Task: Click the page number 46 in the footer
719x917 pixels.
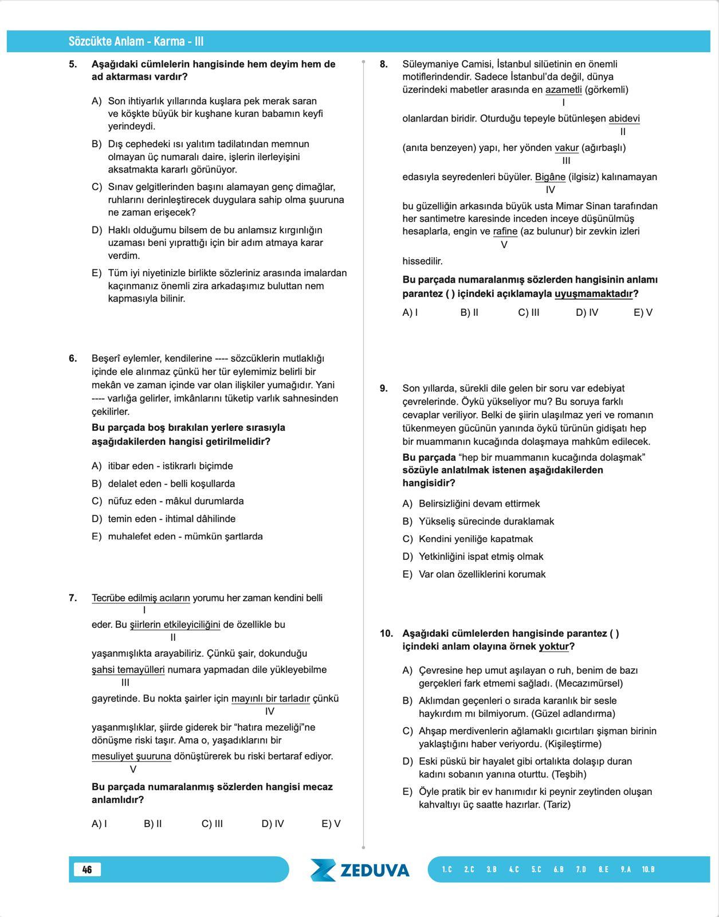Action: point(87,869)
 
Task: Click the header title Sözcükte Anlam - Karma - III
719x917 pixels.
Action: point(136,41)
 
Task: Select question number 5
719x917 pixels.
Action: point(73,64)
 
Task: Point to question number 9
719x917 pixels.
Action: point(384,389)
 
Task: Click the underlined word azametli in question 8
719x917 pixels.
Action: point(563,90)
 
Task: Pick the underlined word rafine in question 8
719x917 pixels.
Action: point(505,232)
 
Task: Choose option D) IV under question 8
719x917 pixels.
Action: point(587,313)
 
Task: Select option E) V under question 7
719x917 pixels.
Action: point(331,824)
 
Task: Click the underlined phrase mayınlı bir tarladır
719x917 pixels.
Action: point(270,699)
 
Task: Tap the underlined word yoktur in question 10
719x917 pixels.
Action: point(554,646)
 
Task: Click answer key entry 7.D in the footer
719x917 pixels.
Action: point(581,869)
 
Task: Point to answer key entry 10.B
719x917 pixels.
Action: point(648,869)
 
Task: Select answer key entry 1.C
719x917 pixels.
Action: point(447,869)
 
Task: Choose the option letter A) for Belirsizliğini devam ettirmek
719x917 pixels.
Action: point(407,504)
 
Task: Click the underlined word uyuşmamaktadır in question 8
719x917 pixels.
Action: point(594,294)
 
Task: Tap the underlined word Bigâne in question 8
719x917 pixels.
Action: point(550,177)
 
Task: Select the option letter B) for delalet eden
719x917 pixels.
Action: point(96,484)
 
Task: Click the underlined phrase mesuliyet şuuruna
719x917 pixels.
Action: point(131,757)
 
